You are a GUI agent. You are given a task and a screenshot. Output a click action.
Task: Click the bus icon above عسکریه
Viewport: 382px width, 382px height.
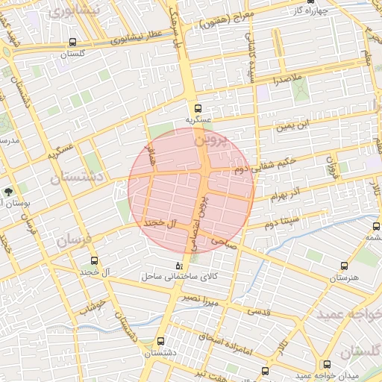pos(198,108)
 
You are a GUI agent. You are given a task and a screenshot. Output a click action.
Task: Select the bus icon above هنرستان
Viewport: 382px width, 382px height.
pos(344,266)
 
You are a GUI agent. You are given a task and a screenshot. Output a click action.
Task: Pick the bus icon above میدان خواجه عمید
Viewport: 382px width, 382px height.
pos(327,364)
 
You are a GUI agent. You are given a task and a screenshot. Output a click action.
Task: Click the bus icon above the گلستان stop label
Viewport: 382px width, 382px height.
pos(72,43)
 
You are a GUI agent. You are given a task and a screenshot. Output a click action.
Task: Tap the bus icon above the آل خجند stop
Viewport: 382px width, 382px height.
pos(94,260)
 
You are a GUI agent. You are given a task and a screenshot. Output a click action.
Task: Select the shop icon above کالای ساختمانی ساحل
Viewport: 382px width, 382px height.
pos(178,266)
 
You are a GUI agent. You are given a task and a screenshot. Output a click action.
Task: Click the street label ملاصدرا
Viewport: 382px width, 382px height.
pos(286,78)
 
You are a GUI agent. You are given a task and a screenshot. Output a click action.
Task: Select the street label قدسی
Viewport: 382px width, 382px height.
pos(259,310)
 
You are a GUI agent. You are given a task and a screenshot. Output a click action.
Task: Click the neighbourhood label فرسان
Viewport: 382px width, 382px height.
pos(72,241)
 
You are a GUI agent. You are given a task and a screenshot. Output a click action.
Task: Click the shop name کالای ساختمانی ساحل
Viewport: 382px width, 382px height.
pos(181,277)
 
